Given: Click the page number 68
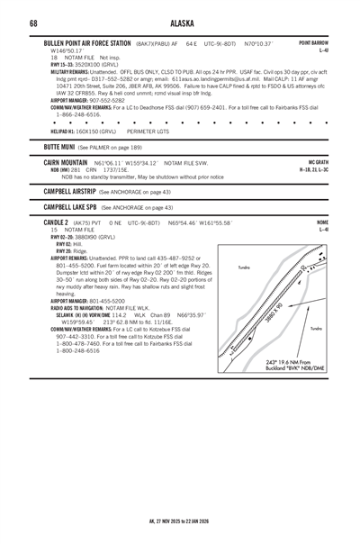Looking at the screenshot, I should [x=33, y=23].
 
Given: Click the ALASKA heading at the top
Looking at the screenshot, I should [x=180, y=23].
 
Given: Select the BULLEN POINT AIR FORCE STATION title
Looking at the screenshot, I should [x=86, y=43].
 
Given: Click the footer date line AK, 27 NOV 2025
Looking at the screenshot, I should [x=180, y=521].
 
